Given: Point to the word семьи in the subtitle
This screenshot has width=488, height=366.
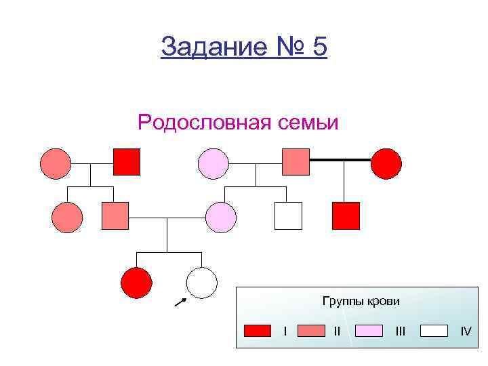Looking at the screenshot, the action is (x=307, y=123).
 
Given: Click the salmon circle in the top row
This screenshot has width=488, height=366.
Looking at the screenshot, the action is (x=56, y=163).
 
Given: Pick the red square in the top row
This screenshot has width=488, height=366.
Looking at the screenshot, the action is (x=127, y=161).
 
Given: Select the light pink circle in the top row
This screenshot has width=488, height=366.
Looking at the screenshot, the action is (x=213, y=163).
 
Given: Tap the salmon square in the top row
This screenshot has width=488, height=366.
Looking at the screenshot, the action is (x=296, y=161).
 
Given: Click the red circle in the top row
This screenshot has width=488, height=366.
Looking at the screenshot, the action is (x=386, y=163).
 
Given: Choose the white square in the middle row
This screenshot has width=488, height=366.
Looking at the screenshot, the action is (x=287, y=216).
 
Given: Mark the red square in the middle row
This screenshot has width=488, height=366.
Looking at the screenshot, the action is (x=346, y=216).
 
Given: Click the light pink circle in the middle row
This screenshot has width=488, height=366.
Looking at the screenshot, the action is (x=221, y=218).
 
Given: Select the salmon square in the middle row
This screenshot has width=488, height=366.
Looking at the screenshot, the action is (x=115, y=216).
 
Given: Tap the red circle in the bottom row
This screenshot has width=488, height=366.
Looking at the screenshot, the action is (x=136, y=283).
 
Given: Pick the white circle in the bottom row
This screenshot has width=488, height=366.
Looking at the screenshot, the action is (x=202, y=283).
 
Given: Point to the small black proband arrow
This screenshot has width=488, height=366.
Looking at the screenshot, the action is (x=180, y=302).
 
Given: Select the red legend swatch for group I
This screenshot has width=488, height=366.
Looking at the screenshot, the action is (x=258, y=331).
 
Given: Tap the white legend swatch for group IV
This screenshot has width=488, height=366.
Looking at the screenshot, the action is (x=434, y=331).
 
